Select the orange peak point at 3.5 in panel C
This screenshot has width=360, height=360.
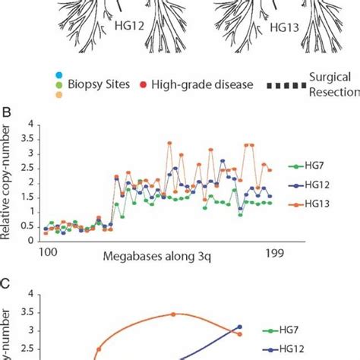tap(173, 314)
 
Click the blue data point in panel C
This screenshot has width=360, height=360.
tap(240, 327)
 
